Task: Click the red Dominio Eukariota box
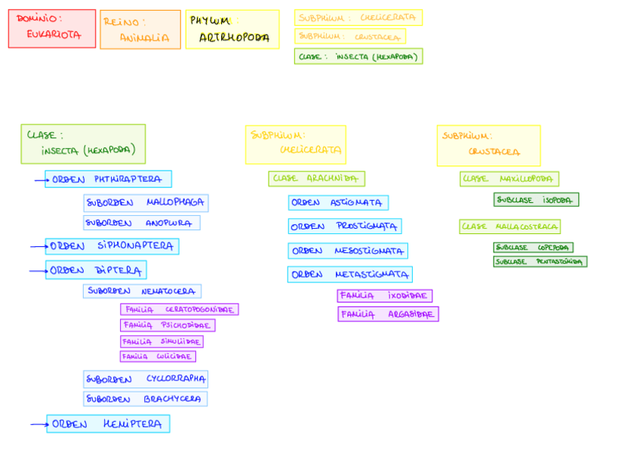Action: pyautogui.click(x=52, y=29)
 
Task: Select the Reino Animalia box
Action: pyautogui.click(x=140, y=29)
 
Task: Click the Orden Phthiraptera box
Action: pyautogui.click(x=108, y=179)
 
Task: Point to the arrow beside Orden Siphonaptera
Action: pyautogui.click(x=38, y=247)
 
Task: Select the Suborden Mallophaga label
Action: pyautogui.click(x=146, y=202)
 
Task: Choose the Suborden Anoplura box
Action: pyautogui.click(x=142, y=223)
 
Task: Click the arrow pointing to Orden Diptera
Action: pyautogui.click(x=38, y=270)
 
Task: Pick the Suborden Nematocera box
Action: pyautogui.click(x=142, y=291)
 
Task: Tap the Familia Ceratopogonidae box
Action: pyautogui.click(x=179, y=310)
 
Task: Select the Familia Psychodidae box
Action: pyautogui.click(x=168, y=325)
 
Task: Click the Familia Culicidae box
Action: pyautogui.click(x=158, y=356)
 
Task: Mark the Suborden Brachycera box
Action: pyautogui.click(x=145, y=399)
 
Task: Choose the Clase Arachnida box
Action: pyautogui.click(x=316, y=179)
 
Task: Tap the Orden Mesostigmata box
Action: pyautogui.click(x=347, y=251)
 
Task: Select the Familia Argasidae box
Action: pyautogui.click(x=388, y=314)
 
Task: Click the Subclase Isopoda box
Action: pyautogui.click(x=536, y=200)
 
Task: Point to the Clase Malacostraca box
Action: pyautogui.click(x=509, y=226)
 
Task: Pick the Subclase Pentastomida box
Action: pyautogui.click(x=540, y=261)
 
